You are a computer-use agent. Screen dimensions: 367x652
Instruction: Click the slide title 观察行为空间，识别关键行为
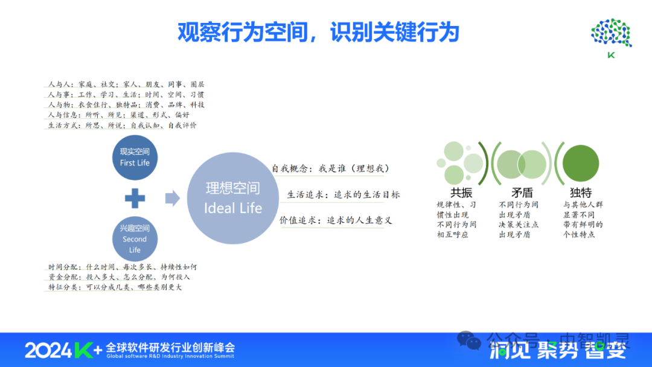318,32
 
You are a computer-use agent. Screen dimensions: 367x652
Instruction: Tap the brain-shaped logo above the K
611,33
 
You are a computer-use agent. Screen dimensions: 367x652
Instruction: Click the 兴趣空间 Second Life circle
135,238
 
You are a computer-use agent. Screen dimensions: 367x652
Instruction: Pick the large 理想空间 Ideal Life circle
233,198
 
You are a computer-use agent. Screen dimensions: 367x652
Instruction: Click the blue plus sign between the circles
135,198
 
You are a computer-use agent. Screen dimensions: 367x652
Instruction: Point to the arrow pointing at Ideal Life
173,198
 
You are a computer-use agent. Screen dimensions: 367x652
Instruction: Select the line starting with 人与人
126,85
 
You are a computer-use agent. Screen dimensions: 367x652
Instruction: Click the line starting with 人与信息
118,115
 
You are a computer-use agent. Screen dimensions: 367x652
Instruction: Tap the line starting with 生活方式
122,125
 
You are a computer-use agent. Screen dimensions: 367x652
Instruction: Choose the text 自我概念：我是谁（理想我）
330,168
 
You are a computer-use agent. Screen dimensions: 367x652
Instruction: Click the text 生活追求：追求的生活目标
343,194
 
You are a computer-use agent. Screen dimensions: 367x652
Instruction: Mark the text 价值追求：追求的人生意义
336,220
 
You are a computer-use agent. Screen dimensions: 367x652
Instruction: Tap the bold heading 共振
461,193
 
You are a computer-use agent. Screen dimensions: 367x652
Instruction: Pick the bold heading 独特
581,193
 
